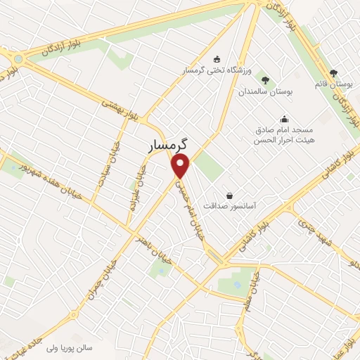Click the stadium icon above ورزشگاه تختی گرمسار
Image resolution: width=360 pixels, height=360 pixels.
point(217,58)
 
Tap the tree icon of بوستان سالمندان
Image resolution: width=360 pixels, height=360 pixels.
point(265,79)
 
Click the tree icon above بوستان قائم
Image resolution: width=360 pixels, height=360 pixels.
point(333,72)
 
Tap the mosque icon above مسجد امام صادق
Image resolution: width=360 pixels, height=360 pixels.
point(283,119)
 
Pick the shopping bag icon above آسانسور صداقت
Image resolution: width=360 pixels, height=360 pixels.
point(229,195)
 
